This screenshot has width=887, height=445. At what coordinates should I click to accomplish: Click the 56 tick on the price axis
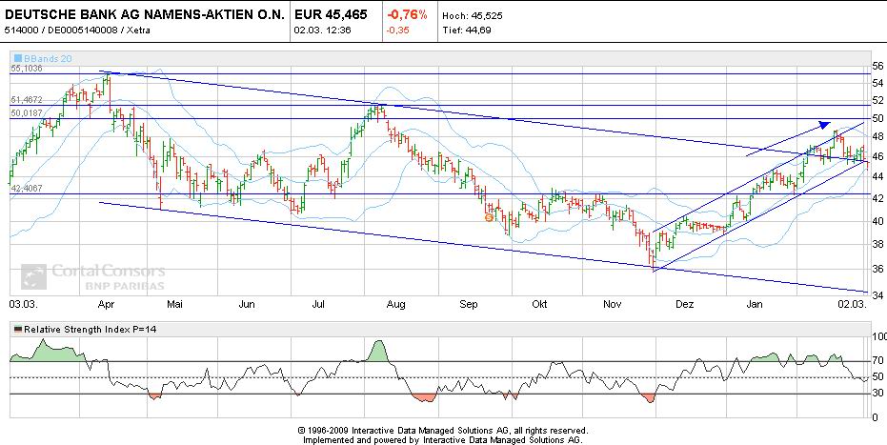877,66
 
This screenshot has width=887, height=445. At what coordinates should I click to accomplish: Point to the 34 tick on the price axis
877,294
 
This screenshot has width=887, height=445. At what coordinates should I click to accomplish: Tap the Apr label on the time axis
106,305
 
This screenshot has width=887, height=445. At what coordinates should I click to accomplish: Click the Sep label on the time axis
468,305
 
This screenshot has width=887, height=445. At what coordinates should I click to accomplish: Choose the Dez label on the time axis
683,305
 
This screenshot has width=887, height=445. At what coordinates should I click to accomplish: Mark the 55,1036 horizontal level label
27,70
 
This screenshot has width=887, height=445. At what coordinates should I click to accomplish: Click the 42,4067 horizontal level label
27,189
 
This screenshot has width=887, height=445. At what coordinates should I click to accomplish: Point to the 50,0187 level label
27,113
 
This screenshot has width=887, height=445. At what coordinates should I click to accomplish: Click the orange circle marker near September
489,217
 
